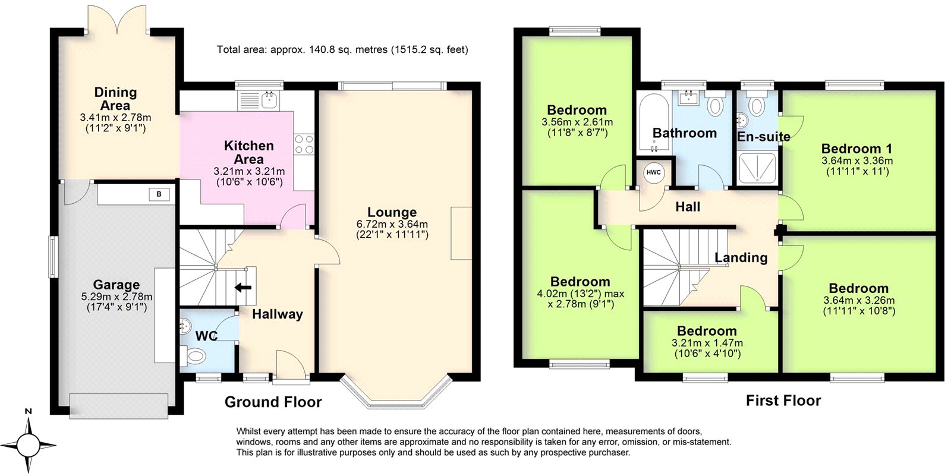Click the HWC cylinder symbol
click(653, 173)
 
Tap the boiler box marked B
click(159, 194)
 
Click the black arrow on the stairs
click(243, 288)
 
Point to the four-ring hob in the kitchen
click(304, 144)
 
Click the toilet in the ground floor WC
click(193, 356)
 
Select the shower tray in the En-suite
click(757, 168)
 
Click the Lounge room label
click(392, 212)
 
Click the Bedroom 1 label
click(856, 149)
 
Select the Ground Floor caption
click(273, 402)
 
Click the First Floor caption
click(783, 401)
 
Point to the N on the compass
click(28, 411)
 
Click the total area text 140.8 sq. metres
click(342, 50)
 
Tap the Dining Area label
click(115, 99)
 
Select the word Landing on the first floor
click(741, 257)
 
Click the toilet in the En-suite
click(756, 106)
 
